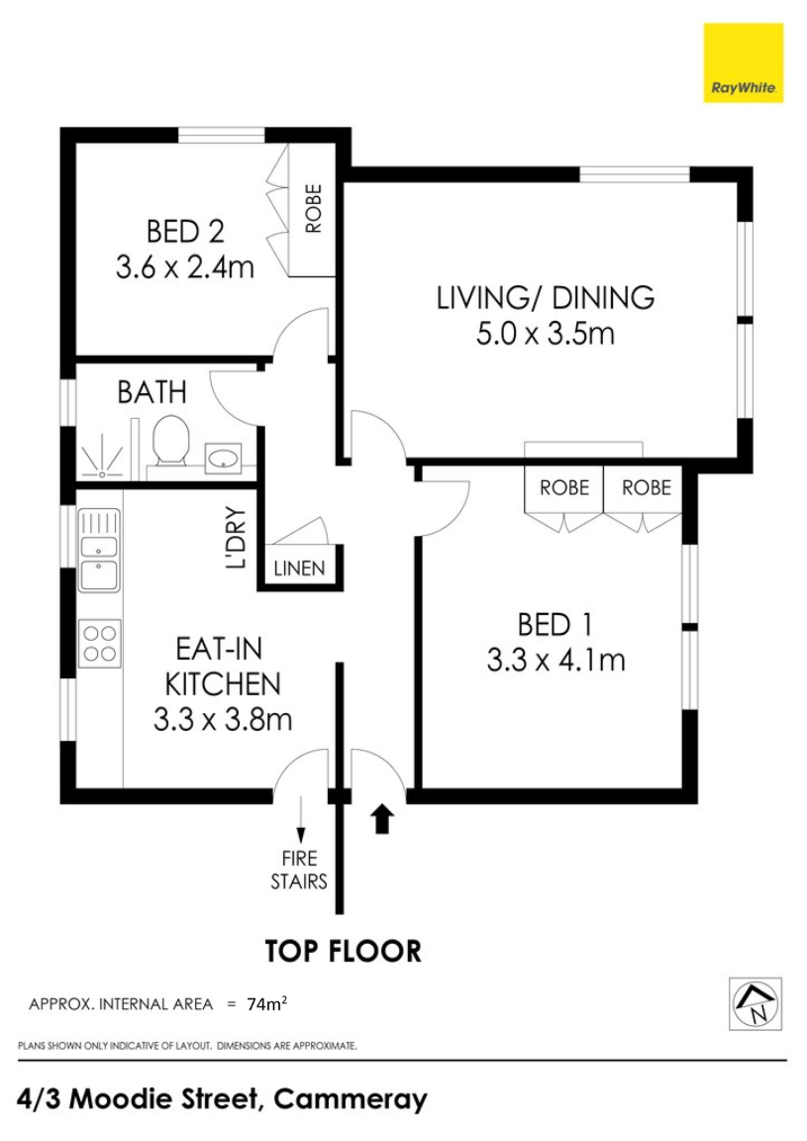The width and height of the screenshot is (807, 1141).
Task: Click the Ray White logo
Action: click(x=743, y=62)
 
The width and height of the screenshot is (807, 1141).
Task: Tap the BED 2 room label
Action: click(x=185, y=232)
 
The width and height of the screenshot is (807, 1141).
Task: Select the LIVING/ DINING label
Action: click(x=545, y=297)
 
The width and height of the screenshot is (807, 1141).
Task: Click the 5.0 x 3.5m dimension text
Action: click(x=545, y=334)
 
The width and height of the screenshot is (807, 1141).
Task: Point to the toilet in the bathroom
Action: click(x=171, y=441)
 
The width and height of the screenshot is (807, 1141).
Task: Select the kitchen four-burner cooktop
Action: click(x=100, y=643)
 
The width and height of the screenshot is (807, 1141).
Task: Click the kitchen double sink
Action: click(x=100, y=550)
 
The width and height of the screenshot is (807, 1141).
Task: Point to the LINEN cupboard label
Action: click(x=299, y=568)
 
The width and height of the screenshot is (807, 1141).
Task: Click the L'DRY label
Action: click(x=237, y=538)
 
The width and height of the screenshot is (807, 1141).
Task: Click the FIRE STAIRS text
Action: click(x=299, y=870)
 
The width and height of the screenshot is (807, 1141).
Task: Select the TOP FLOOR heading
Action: click(x=343, y=951)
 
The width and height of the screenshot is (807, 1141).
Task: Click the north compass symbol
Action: click(x=756, y=1003)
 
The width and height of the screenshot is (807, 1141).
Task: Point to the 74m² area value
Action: click(x=266, y=1004)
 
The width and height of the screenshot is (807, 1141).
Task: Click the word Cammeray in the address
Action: click(x=350, y=1098)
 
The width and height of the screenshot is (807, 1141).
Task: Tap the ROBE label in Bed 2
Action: click(x=313, y=209)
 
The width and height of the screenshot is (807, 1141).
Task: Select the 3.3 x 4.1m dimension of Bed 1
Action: click(x=555, y=661)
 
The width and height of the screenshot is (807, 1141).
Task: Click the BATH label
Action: click(x=152, y=392)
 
